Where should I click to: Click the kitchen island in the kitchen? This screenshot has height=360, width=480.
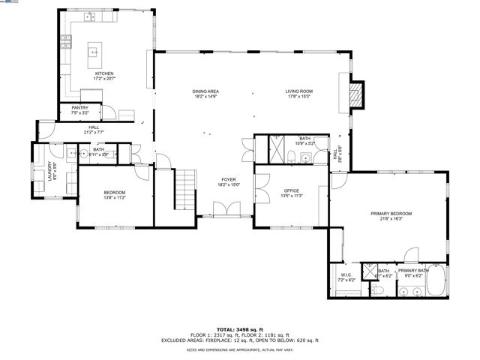click(94, 51)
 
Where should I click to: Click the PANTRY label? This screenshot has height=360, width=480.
click(79, 107)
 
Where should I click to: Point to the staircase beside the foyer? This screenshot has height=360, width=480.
click(185, 189)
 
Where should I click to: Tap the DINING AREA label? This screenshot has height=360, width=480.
click(205, 91)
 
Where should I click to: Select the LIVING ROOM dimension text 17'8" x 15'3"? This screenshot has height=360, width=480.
click(298, 97)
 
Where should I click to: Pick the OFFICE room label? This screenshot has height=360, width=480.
click(291, 190)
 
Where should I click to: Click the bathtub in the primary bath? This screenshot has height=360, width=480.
click(439, 286)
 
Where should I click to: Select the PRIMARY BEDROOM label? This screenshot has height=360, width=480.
click(391, 214)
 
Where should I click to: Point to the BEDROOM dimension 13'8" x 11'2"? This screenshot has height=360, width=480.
click(115, 199)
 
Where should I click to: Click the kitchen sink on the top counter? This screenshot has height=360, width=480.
click(89, 16)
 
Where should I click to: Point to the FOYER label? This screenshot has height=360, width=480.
click(228, 179)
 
